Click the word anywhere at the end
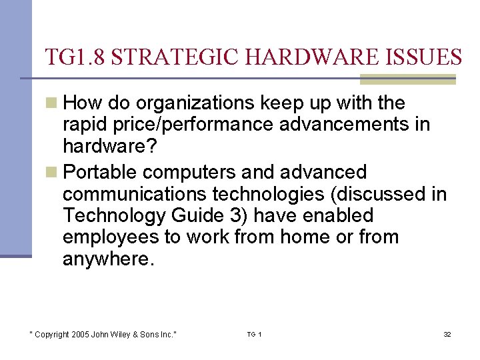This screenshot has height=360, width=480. [108, 259]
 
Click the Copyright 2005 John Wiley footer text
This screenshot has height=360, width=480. [103, 334]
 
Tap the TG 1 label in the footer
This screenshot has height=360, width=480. [254, 334]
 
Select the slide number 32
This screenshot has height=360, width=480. [447, 334]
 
